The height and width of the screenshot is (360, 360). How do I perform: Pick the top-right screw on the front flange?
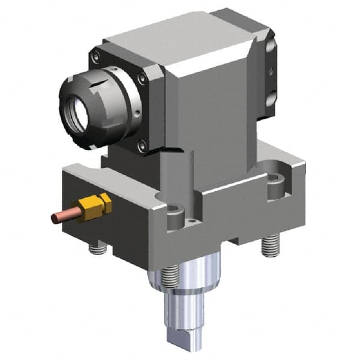tap(142, 77)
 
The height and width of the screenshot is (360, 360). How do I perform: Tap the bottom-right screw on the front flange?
tap(142, 144)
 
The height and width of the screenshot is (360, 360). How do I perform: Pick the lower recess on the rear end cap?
tap(272, 96)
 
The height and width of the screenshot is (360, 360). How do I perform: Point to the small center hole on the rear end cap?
tap(271, 73)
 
